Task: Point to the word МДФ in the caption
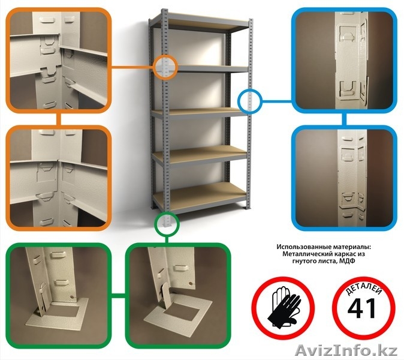349,261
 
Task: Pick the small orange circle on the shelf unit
165,67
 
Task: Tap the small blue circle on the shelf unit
249,101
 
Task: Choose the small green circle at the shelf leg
166,223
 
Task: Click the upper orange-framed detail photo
59,61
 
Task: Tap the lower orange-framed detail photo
59,178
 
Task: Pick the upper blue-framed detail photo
344,61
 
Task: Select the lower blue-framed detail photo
344,178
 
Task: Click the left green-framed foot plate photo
59,296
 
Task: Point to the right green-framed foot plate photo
177,296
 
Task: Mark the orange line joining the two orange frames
59,119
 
